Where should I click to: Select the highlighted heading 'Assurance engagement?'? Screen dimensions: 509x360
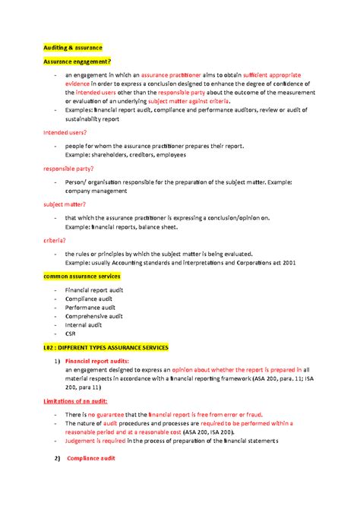[77, 62]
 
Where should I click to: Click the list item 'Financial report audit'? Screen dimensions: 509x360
[94, 291]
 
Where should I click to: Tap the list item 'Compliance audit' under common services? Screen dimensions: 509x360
[88, 299]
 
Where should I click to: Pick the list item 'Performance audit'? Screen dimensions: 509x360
[90, 308]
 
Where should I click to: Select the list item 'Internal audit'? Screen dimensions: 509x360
[84, 324]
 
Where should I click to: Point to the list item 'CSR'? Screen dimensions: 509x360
[71, 333]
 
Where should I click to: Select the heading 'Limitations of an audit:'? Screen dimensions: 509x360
[76, 400]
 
